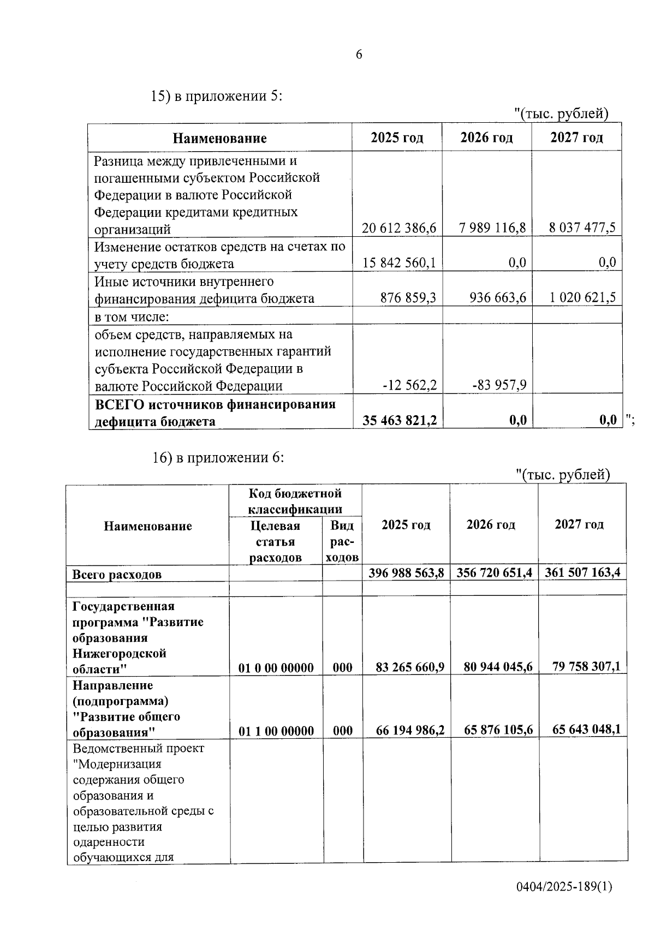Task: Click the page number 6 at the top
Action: pyautogui.click(x=359, y=55)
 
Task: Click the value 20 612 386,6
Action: pyautogui.click(x=399, y=228)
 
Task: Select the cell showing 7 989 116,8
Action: pyautogui.click(x=492, y=228)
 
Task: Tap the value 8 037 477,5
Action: pyautogui.click(x=582, y=228)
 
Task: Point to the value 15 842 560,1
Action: pyautogui.click(x=399, y=263)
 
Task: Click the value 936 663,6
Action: pyautogui.click(x=497, y=297)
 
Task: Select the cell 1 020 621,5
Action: pyautogui.click(x=582, y=297)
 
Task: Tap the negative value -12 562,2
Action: pyautogui.click(x=409, y=386)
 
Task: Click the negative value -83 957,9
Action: pyautogui.click(x=499, y=386)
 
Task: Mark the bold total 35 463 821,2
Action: pyautogui.click(x=400, y=420)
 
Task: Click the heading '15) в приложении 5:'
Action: pyautogui.click(x=217, y=97)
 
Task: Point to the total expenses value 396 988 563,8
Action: pyautogui.click(x=406, y=573)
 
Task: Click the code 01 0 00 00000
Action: pyautogui.click(x=276, y=668)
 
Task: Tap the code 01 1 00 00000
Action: pyautogui.click(x=276, y=731)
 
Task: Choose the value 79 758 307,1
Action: pyautogui.click(x=586, y=666)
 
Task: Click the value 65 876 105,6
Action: pyautogui.click(x=498, y=730)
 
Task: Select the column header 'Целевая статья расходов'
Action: pyautogui.click(x=275, y=541)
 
